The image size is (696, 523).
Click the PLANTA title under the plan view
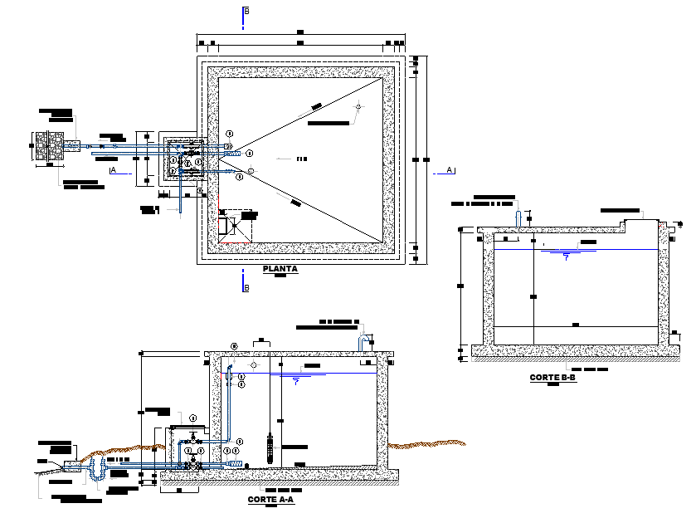[x=280, y=270]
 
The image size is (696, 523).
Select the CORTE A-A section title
[x=270, y=500]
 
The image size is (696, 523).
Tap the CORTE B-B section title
[x=552, y=378]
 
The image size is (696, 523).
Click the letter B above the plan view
[x=246, y=12]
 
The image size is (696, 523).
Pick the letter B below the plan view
[x=246, y=288]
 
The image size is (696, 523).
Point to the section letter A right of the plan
[x=449, y=169]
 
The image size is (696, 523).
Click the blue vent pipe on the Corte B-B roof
[x=519, y=218]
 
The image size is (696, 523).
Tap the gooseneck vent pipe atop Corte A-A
[x=363, y=342]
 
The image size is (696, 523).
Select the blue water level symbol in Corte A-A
[x=296, y=381]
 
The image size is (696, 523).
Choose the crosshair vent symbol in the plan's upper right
[x=358, y=107]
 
